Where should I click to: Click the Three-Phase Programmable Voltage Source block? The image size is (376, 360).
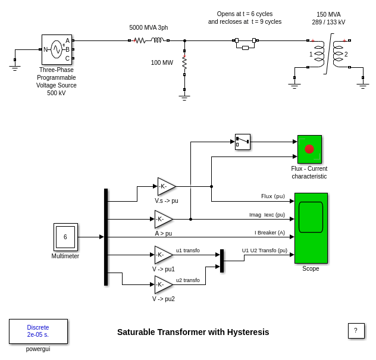coord(57,49)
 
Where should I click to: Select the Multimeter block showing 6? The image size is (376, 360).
coord(65,237)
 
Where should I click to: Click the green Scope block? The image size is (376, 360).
coord(311,227)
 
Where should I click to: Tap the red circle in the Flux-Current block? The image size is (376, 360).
coord(309,149)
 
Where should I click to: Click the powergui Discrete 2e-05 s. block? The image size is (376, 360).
coord(38,331)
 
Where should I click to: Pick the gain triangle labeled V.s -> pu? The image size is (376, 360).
coord(165,186)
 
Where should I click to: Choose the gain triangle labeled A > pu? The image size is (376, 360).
coord(162,219)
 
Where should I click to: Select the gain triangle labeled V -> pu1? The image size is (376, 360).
coord(162,255)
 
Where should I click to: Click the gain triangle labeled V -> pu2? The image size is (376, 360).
coord(162,284)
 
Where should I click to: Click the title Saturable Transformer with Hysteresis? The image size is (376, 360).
coord(193,332)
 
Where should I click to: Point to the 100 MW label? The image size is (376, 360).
coord(162,62)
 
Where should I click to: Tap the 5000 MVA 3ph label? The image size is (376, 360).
coord(148,27)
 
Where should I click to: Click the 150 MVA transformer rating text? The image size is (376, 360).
coord(328,14)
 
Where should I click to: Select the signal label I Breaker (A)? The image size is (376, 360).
coord(270,233)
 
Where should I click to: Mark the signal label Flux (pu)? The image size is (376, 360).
coord(272,196)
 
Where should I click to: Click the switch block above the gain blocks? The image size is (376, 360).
coord(243,142)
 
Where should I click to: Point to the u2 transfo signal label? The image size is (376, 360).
coord(188,280)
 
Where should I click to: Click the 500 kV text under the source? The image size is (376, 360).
coord(57,93)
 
